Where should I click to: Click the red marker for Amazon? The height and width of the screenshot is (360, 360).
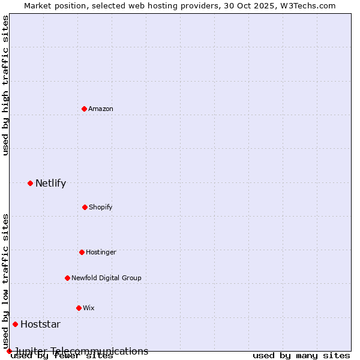pyautogui.click(x=84, y=109)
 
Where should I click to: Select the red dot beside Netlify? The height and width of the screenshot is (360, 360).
pyautogui.click(x=30, y=183)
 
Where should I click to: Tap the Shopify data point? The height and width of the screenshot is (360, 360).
pyautogui.click(x=85, y=207)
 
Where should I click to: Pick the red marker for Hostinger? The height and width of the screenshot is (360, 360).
pyautogui.click(x=82, y=252)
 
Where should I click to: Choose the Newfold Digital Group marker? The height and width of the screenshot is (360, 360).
pyautogui.click(x=67, y=278)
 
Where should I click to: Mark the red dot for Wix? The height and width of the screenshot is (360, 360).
pyautogui.click(x=79, y=308)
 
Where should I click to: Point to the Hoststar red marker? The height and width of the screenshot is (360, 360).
pyautogui.click(x=15, y=324)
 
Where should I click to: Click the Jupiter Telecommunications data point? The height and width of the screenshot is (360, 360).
pyautogui.click(x=9, y=351)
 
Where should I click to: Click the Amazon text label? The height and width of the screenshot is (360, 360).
pyautogui.click(x=101, y=109)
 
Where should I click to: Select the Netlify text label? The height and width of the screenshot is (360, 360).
pyautogui.click(x=50, y=184)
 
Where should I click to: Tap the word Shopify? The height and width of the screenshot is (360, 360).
pyautogui.click(x=101, y=207)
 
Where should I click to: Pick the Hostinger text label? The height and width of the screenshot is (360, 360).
pyautogui.click(x=101, y=252)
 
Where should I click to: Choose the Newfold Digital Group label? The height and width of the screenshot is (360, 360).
pyautogui.click(x=106, y=278)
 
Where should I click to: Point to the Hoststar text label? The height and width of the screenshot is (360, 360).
pyautogui.click(x=40, y=325)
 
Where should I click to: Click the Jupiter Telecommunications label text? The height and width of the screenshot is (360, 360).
pyautogui.click(x=81, y=351)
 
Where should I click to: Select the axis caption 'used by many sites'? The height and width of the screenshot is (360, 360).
pyautogui.click(x=301, y=356)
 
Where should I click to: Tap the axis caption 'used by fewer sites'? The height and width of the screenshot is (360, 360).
pyautogui.click(x=62, y=356)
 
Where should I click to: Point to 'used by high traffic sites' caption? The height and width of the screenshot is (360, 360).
pyautogui.click(x=5, y=86)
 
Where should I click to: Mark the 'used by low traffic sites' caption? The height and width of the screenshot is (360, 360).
pyautogui.click(x=5, y=281)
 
